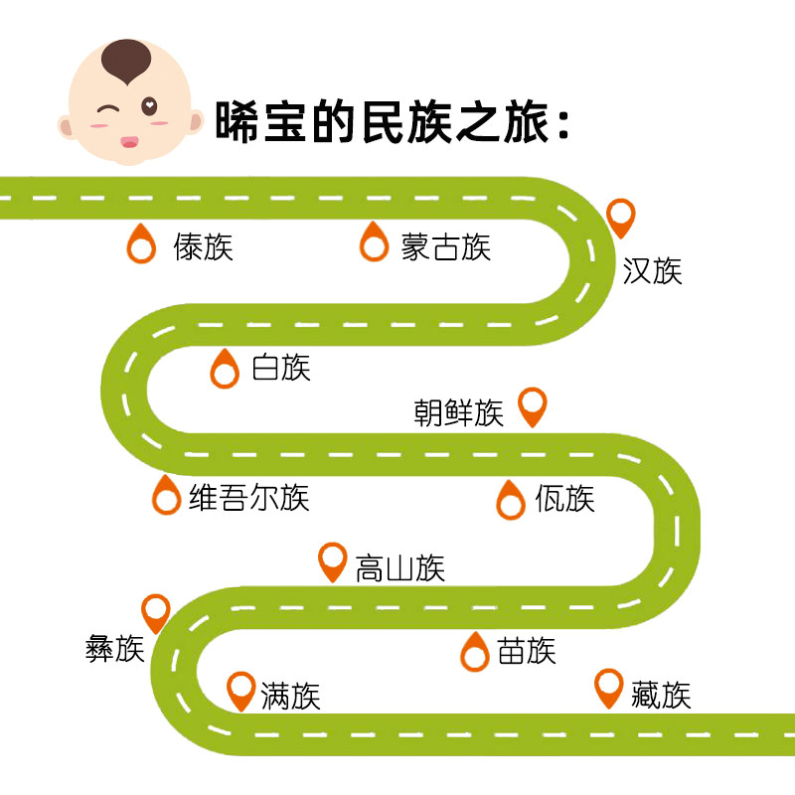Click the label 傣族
[x=204, y=246]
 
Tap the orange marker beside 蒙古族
[x=374, y=242]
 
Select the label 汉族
[x=653, y=271]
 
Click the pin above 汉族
[x=622, y=217]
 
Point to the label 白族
[x=281, y=368]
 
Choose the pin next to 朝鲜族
[x=535, y=405]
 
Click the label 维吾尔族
[x=249, y=497]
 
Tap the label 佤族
[x=564, y=498]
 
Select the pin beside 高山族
[x=332, y=561]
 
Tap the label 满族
[x=290, y=696]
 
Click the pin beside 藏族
[x=609, y=688]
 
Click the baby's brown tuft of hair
[x=126, y=61]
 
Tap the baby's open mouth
[x=128, y=142]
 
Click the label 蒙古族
[x=446, y=246]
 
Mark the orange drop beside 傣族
[x=143, y=242]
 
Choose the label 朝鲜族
[x=459, y=412]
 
